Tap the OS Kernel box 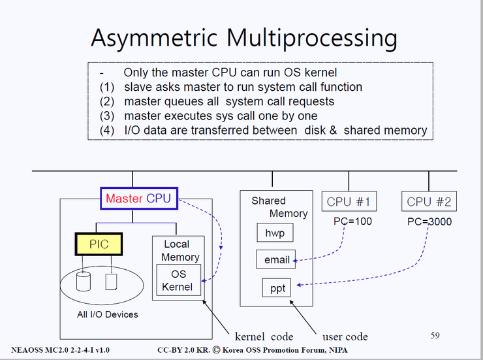pyautogui.click(x=178, y=280)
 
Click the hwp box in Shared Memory pyautogui.click(x=274, y=233)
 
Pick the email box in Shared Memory pyautogui.click(x=276, y=260)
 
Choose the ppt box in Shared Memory pyautogui.click(x=277, y=288)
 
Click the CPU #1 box pyautogui.click(x=349, y=201)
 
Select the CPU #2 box pyautogui.click(x=429, y=201)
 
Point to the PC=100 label pyautogui.click(x=352, y=221)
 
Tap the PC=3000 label pyautogui.click(x=429, y=221)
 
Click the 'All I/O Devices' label pyautogui.click(x=107, y=314)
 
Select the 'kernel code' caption pyautogui.click(x=264, y=336)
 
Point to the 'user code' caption pyautogui.click(x=345, y=336)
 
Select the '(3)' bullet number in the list pyautogui.click(x=106, y=116)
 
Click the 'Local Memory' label pyautogui.click(x=180, y=250)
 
